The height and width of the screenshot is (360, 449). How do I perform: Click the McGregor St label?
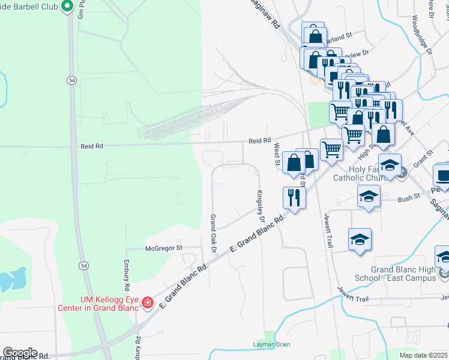point(163,248)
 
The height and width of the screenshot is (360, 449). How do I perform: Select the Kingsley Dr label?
point(261,203)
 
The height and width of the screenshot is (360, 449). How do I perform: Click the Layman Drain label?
point(271,344)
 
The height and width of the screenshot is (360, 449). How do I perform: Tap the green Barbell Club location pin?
point(67,7)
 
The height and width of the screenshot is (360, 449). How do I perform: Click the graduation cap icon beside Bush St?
point(369,196)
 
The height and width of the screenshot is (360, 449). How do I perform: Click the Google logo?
point(20,353)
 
